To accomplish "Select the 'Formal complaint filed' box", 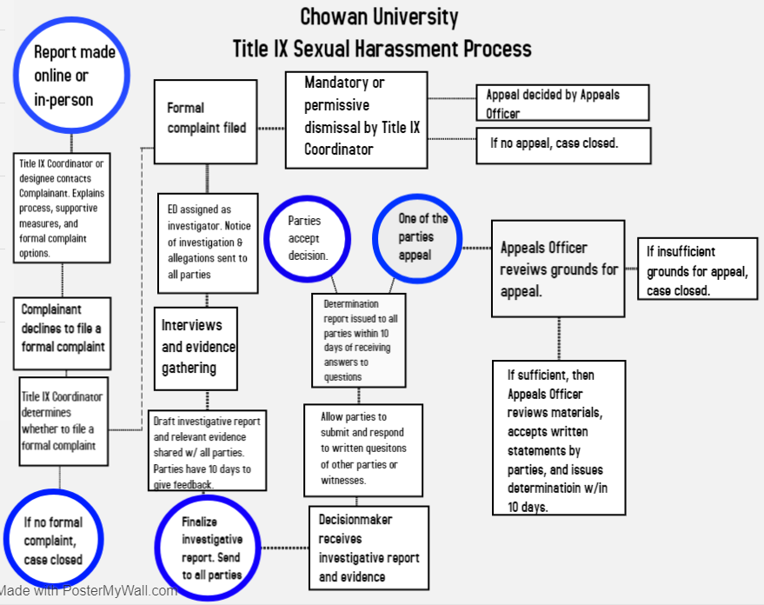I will [206, 121].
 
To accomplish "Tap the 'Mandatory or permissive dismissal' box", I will [356, 119].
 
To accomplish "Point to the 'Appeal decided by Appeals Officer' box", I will [562, 103].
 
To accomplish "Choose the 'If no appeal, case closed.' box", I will [563, 144].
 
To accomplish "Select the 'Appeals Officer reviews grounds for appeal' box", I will [558, 269].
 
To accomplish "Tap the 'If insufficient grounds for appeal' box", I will [697, 270].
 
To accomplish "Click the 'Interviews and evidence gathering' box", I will [197, 346].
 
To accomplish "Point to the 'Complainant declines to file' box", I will [63, 329].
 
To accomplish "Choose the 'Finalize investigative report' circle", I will [209, 548].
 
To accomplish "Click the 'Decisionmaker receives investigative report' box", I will [369, 548].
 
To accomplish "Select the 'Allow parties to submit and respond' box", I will [363, 448].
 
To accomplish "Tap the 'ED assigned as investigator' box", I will [207, 243].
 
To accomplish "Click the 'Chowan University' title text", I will [379, 16].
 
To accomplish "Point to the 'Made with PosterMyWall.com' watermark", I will [89, 591].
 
